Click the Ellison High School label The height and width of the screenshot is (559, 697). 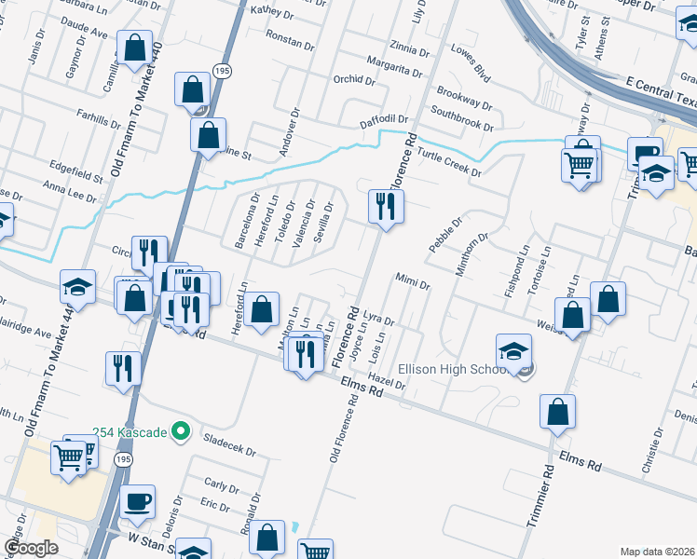click(x=453, y=368)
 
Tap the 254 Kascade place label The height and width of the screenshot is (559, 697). click(x=130, y=432)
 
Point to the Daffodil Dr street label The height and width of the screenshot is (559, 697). click(x=385, y=121)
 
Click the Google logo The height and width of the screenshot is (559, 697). click(x=30, y=549)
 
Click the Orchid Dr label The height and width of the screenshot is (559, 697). click(x=353, y=80)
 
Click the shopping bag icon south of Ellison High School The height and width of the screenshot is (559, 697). click(x=557, y=412)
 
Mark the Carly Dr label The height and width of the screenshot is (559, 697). click(x=222, y=485)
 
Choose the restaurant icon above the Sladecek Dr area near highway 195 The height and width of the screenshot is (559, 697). click(x=122, y=367)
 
